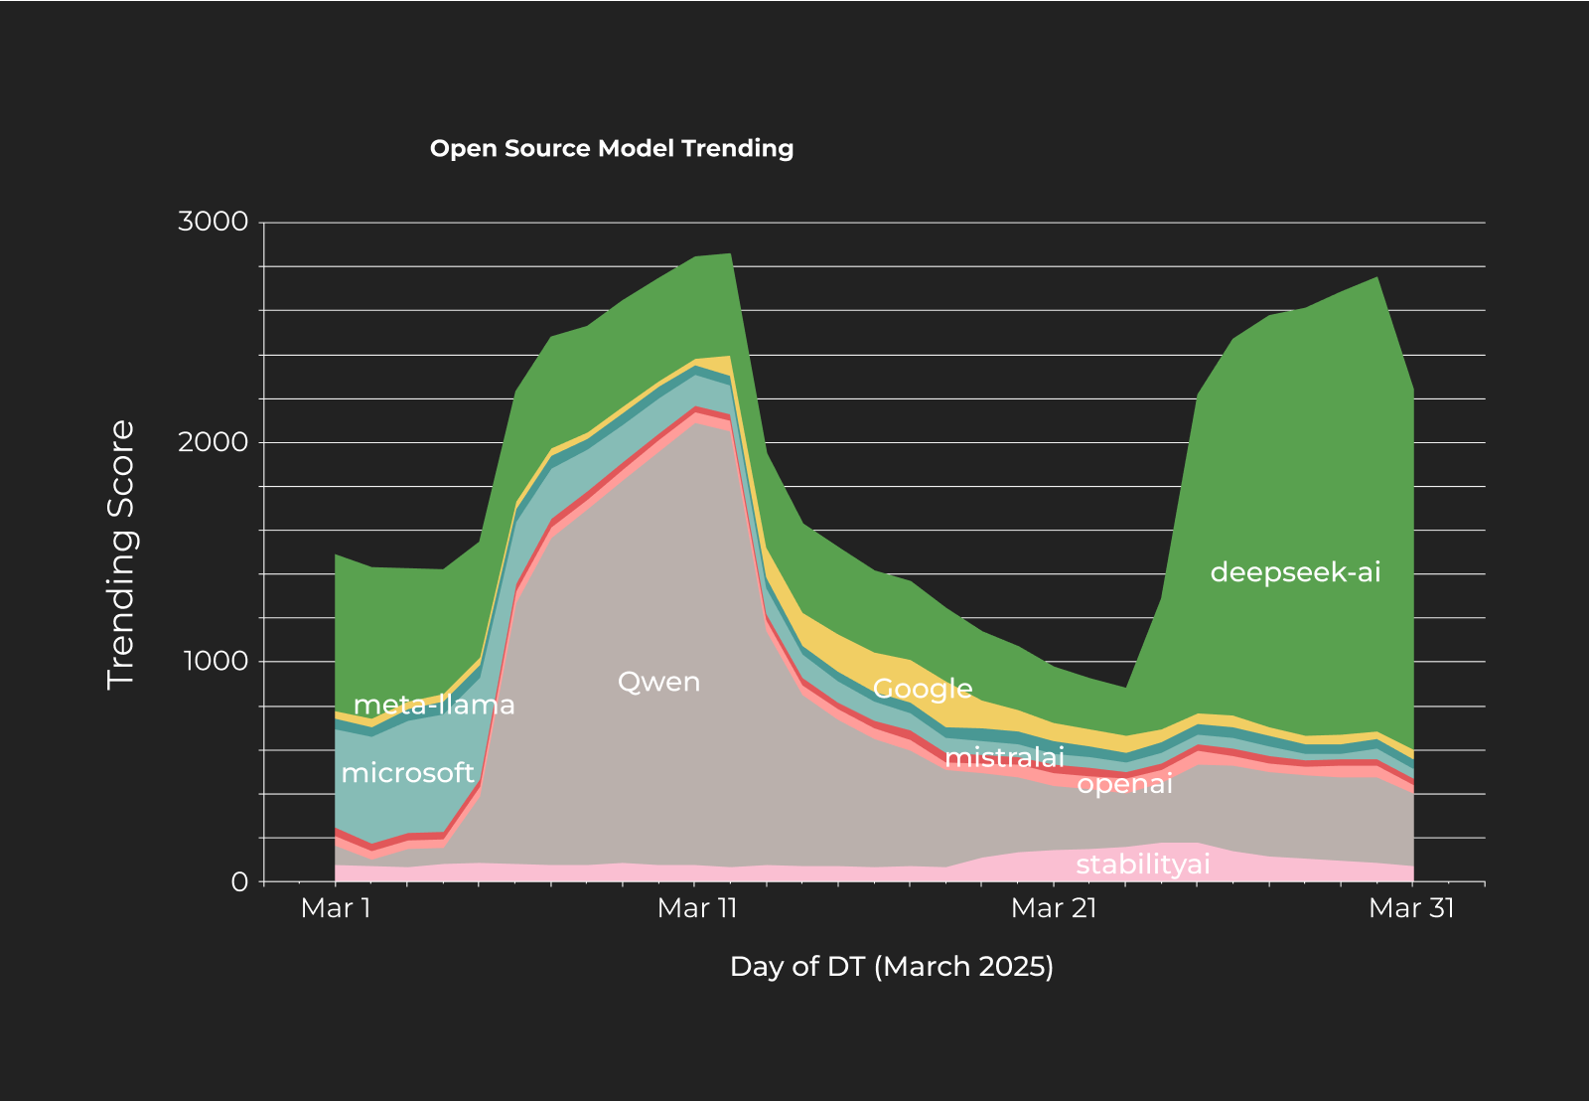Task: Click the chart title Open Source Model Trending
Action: pos(612,149)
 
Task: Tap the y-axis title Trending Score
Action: pos(120,554)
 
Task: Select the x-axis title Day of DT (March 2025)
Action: pos(891,966)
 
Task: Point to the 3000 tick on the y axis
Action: pos(213,222)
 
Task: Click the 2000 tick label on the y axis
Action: pos(213,442)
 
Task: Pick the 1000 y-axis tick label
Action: pos(213,662)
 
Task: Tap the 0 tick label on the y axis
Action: pos(239,882)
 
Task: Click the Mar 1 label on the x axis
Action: pos(336,908)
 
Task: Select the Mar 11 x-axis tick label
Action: pos(697,908)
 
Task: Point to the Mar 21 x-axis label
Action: pos(1054,908)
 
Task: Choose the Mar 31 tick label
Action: pos(1411,908)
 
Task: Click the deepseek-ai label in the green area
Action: pos(1295,572)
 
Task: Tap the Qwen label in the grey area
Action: pos(658,682)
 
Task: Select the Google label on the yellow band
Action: pos(923,689)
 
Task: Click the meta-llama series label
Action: pos(434,706)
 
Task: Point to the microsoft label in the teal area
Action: pos(407,773)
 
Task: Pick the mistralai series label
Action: pos(1004,758)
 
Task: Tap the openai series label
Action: pos(1124,785)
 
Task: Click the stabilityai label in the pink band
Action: pos(1142,865)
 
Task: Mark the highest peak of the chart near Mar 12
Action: pos(731,254)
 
